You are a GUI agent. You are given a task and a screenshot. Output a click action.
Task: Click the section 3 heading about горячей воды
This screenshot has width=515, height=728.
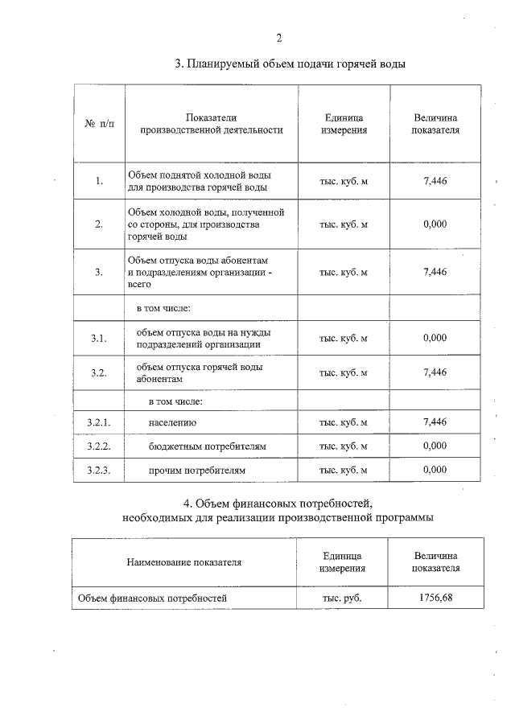point(290,64)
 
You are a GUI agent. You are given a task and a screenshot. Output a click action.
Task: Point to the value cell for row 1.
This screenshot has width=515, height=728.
point(435,180)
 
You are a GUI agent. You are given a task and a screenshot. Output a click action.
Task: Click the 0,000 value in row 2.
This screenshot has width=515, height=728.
point(435,224)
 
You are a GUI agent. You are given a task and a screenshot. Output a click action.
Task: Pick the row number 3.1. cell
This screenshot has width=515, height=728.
point(99,338)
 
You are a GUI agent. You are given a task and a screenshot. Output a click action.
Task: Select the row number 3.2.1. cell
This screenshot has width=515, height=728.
point(99,422)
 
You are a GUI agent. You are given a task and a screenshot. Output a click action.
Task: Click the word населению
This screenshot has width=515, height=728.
point(172,422)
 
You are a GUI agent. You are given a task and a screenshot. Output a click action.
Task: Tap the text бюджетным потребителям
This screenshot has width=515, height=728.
point(207,446)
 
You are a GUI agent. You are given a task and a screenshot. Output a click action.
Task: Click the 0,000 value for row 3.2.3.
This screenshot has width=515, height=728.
point(435,469)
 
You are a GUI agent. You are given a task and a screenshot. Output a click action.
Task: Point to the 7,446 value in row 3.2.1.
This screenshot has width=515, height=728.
point(435,422)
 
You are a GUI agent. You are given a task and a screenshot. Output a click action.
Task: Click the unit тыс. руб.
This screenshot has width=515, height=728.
point(342,598)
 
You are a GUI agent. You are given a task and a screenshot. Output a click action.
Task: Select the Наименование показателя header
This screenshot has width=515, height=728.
point(184,562)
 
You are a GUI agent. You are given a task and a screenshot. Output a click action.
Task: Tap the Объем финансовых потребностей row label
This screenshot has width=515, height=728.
point(152,598)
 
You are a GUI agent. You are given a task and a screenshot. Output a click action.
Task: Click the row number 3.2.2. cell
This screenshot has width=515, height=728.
point(99,446)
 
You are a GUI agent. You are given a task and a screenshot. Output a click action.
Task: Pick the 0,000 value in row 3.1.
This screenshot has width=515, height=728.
point(435,338)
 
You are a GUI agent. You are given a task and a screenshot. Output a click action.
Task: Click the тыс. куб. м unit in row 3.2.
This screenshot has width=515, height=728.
point(344,372)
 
